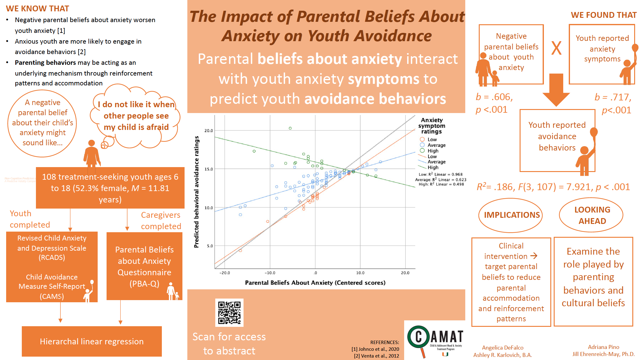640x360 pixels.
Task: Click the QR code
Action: pos(229,313)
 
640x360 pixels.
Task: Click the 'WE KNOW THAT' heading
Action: pos(37,9)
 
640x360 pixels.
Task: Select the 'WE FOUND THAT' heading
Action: pos(603,15)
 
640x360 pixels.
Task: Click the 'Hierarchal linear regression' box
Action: pos(92,341)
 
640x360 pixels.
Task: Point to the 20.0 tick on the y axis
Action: pos(209,131)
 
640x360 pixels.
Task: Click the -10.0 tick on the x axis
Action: pos(270,273)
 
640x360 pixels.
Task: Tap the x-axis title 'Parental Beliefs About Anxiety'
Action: pos(315,283)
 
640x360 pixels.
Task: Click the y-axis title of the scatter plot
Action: pos(197,192)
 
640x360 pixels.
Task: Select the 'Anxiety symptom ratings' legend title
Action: pos(431,126)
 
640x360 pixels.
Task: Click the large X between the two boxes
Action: pos(556,48)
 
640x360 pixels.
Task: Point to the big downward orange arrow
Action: pos(556,89)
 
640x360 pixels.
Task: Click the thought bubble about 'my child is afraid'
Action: pos(136,116)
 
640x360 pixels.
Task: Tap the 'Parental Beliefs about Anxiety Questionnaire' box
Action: pos(144,266)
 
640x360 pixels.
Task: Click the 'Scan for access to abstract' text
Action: pos(229,344)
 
